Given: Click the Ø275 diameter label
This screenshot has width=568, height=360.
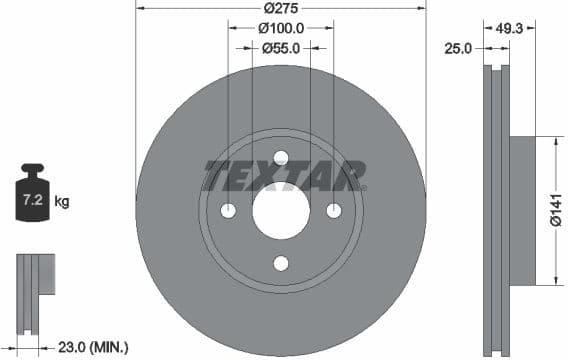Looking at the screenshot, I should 281,9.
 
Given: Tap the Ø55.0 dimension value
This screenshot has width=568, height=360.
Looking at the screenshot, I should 281,47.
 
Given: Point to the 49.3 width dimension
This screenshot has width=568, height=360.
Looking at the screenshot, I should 509,28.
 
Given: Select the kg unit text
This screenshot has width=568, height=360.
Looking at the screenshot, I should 62,202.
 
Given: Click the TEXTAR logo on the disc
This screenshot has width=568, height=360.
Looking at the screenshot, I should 283,175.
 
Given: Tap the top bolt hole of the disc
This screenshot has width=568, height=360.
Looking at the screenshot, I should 281,157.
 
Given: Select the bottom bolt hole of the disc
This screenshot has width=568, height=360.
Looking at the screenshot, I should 281,263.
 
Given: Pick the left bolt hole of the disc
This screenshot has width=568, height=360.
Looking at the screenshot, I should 228,210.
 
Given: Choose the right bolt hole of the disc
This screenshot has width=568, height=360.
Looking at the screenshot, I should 334,210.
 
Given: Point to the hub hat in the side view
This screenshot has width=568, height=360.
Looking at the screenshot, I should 523,211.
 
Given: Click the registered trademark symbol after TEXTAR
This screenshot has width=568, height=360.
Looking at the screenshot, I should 362,187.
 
